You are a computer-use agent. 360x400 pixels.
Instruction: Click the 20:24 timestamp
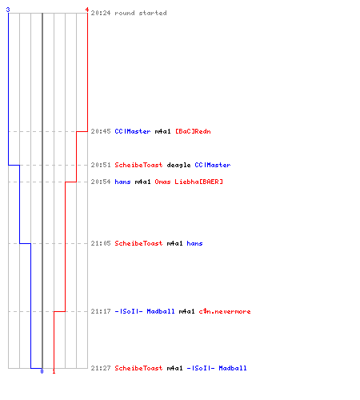coord(101,13)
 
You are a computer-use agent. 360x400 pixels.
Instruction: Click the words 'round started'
coord(141,13)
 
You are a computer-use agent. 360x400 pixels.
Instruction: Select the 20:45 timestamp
coord(101,131)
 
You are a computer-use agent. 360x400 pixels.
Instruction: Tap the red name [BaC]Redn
coord(193,131)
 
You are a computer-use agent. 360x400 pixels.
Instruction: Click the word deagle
coord(178,165)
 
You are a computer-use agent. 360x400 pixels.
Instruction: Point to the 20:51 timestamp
coord(101,165)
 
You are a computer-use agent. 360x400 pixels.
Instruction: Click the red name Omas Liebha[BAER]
coord(189,182)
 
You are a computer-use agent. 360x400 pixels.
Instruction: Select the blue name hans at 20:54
coord(122,182)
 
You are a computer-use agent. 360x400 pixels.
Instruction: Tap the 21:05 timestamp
coord(101,243)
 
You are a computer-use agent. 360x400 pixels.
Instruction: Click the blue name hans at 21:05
coord(194,243)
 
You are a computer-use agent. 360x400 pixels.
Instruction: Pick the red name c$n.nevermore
coord(225,311)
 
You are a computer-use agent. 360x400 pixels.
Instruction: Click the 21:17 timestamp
coord(101,311)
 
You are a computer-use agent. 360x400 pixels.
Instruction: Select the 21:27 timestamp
coord(101,368)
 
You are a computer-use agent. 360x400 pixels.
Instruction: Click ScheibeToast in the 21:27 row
coord(138,368)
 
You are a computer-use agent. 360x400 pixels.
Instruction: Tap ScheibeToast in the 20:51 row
coord(138,165)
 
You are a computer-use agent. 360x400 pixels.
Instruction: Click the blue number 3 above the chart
coord(8,10)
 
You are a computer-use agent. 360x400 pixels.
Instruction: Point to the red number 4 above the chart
coord(87,10)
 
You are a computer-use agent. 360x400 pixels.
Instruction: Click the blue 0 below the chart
coord(42,371)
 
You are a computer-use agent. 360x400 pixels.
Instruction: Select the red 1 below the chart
coord(54,371)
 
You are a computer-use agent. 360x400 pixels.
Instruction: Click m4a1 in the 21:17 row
coord(186,311)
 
